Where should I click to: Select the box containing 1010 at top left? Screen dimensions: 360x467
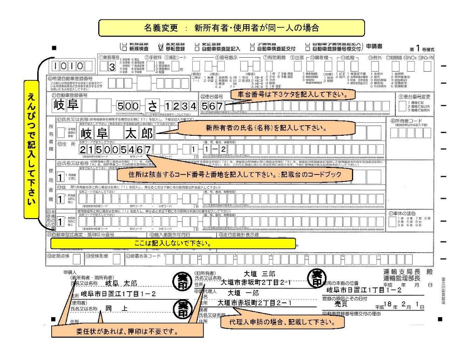coord(68,66)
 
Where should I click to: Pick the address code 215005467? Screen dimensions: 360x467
coord(115,150)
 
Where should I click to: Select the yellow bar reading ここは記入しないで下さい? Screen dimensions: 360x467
coord(172,243)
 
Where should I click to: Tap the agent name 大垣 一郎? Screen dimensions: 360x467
coord(243,293)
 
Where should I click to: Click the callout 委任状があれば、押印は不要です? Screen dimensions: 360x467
coord(127,331)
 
